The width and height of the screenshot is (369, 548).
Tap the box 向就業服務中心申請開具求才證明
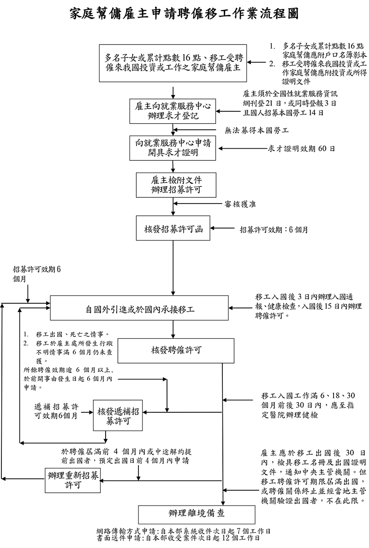coord(173,148)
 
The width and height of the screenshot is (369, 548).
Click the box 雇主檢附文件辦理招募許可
coord(173,184)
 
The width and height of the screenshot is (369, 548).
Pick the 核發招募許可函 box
coord(173,228)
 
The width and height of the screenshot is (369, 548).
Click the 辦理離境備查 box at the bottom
coord(196,514)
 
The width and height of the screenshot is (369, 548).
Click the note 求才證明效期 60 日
coord(301,148)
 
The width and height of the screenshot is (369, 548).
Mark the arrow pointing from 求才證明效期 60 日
coord(243,149)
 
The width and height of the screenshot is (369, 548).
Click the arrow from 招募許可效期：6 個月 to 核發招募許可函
coord(223,228)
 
